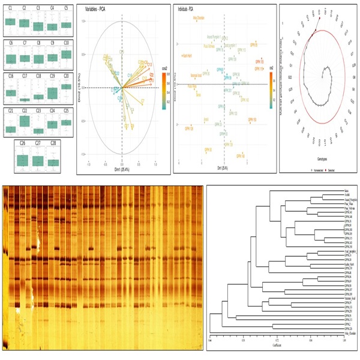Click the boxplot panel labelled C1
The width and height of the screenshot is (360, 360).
tap(10, 22)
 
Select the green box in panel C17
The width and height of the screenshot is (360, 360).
tap(24, 99)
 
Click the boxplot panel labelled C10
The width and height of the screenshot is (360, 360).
tap(65, 55)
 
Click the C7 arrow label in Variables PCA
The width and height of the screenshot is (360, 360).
tap(142, 101)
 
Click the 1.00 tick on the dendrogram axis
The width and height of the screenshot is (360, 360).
tap(343, 340)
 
